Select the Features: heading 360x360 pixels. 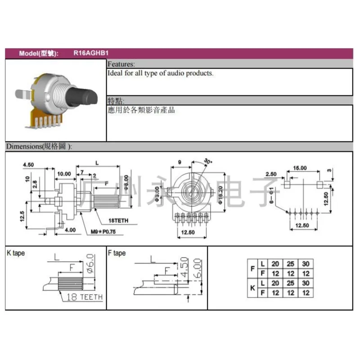[x=121, y=64]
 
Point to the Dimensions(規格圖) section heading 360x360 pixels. [x=39, y=147]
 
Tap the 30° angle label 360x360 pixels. [x=208, y=162]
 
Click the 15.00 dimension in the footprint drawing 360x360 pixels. [x=300, y=168]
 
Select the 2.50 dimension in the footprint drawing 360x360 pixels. [x=271, y=174]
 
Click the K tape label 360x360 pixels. [x=16, y=253]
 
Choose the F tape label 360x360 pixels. [x=117, y=253]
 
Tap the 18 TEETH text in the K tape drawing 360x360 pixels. [x=85, y=297]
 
